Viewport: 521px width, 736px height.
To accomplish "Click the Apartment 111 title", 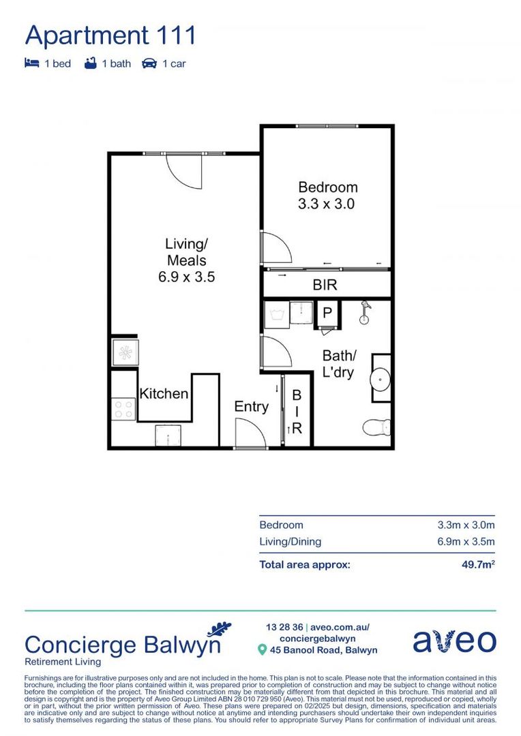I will (110, 35).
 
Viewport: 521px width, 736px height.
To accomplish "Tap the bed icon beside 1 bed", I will (31, 63).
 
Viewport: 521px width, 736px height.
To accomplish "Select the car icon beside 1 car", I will (149, 63).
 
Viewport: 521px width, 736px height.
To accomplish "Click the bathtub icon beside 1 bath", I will (90, 63).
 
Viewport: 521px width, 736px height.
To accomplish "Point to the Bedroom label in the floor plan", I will (327, 187).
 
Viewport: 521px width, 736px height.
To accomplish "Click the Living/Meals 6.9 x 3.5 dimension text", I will (185, 277).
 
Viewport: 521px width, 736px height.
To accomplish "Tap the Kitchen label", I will (164, 394).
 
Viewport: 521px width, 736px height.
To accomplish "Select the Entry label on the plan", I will (251, 407).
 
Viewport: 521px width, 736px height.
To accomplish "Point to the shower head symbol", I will (366, 308).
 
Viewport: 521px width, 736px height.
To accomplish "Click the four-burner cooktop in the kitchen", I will (123, 409).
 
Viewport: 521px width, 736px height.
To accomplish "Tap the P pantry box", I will (327, 313).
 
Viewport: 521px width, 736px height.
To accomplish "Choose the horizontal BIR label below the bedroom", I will (325, 286).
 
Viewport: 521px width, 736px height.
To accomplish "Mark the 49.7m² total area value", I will (477, 565).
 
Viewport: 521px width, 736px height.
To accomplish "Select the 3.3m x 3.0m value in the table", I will (466, 525).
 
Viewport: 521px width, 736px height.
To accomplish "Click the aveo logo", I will (454, 641).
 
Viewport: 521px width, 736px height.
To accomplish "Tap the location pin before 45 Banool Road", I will (261, 650).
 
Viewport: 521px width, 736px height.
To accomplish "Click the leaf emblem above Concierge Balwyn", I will (219, 628).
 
